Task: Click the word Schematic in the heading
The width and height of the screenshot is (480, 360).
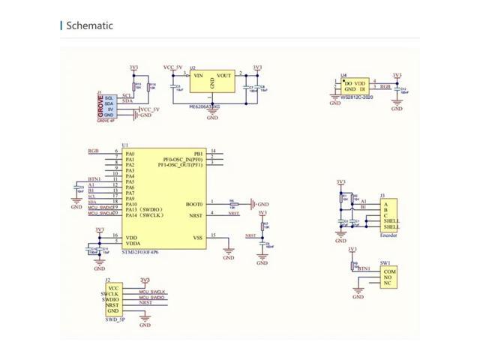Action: [89, 25]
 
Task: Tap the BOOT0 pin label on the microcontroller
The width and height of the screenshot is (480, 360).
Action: [194, 203]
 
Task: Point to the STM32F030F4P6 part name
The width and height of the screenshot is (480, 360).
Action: [145, 252]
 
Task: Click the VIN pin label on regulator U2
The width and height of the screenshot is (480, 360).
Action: [198, 76]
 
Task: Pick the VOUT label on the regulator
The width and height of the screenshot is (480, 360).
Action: [223, 76]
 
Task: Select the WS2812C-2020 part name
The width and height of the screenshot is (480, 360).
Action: [357, 97]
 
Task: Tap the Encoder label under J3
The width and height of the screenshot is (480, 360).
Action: [389, 235]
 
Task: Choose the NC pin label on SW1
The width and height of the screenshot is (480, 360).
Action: [387, 283]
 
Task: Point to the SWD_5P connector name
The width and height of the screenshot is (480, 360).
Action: [114, 319]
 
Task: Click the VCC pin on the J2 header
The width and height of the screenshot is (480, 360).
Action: [113, 287]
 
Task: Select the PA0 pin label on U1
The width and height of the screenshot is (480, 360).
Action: [130, 153]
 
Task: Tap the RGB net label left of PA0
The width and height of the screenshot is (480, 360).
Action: [93, 151]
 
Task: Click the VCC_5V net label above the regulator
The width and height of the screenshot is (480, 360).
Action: [173, 67]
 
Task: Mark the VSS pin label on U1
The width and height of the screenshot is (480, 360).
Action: [198, 238]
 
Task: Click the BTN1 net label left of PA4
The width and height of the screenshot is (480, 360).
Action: [94, 179]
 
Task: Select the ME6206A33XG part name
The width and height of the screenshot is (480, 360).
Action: [208, 107]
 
